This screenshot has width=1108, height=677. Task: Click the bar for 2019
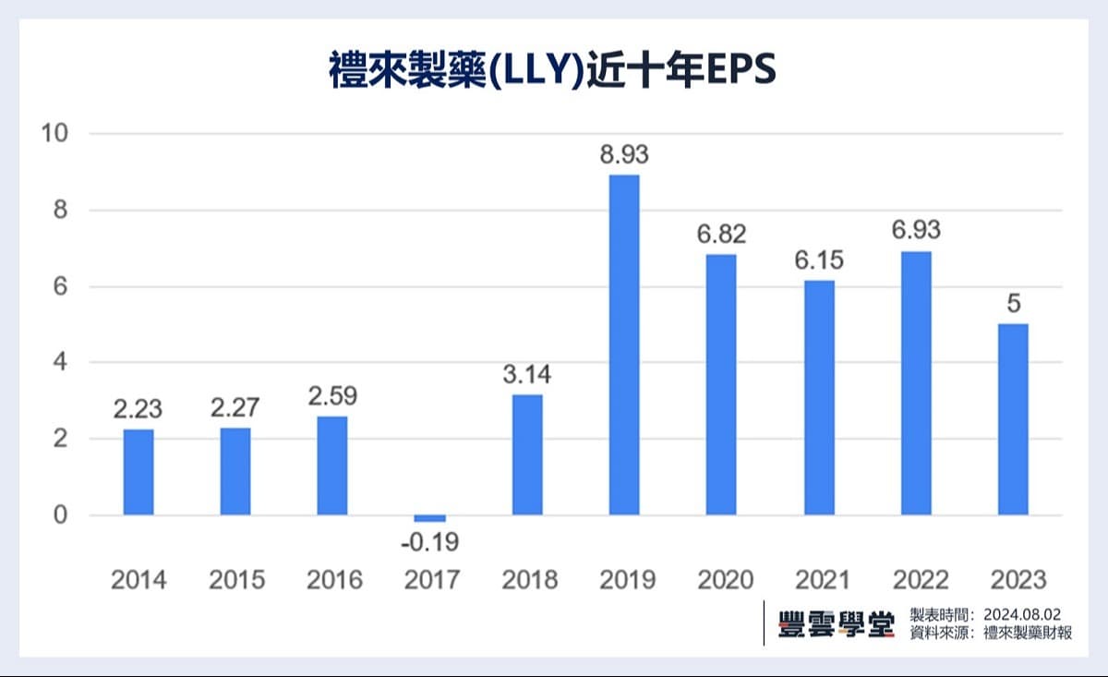tap(624, 345)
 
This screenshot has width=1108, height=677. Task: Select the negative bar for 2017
tap(429, 518)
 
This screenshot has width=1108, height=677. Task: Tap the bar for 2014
tap(138, 472)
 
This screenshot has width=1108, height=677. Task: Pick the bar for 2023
tap(1013, 419)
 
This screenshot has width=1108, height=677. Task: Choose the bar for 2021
tap(819, 397)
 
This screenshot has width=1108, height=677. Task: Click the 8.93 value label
tap(624, 155)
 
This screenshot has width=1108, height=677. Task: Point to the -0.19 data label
tap(429, 541)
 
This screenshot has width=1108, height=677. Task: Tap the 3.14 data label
tap(527, 375)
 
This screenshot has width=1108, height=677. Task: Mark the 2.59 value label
tap(332, 396)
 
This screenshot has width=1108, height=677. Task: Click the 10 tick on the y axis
tap(54, 134)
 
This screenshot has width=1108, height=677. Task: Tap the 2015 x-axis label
tap(236, 580)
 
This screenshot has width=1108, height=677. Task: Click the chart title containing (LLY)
tap(552, 71)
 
